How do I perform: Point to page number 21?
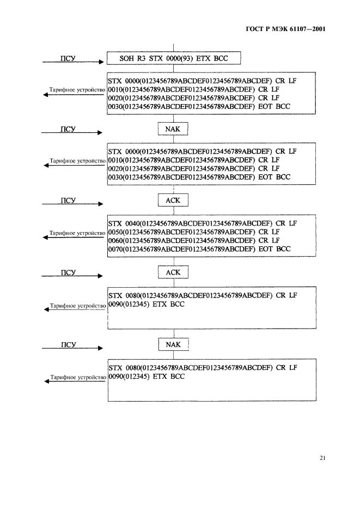point(322,458)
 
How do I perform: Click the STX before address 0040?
point(115,223)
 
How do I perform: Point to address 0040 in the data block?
point(132,223)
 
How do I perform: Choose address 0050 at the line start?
point(115,232)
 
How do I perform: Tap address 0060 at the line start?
point(115,240)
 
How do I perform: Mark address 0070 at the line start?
point(115,249)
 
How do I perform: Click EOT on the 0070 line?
point(267,249)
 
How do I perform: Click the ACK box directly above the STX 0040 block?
point(173,201)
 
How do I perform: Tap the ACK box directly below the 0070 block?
point(173,272)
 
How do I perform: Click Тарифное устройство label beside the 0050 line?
point(76,233)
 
